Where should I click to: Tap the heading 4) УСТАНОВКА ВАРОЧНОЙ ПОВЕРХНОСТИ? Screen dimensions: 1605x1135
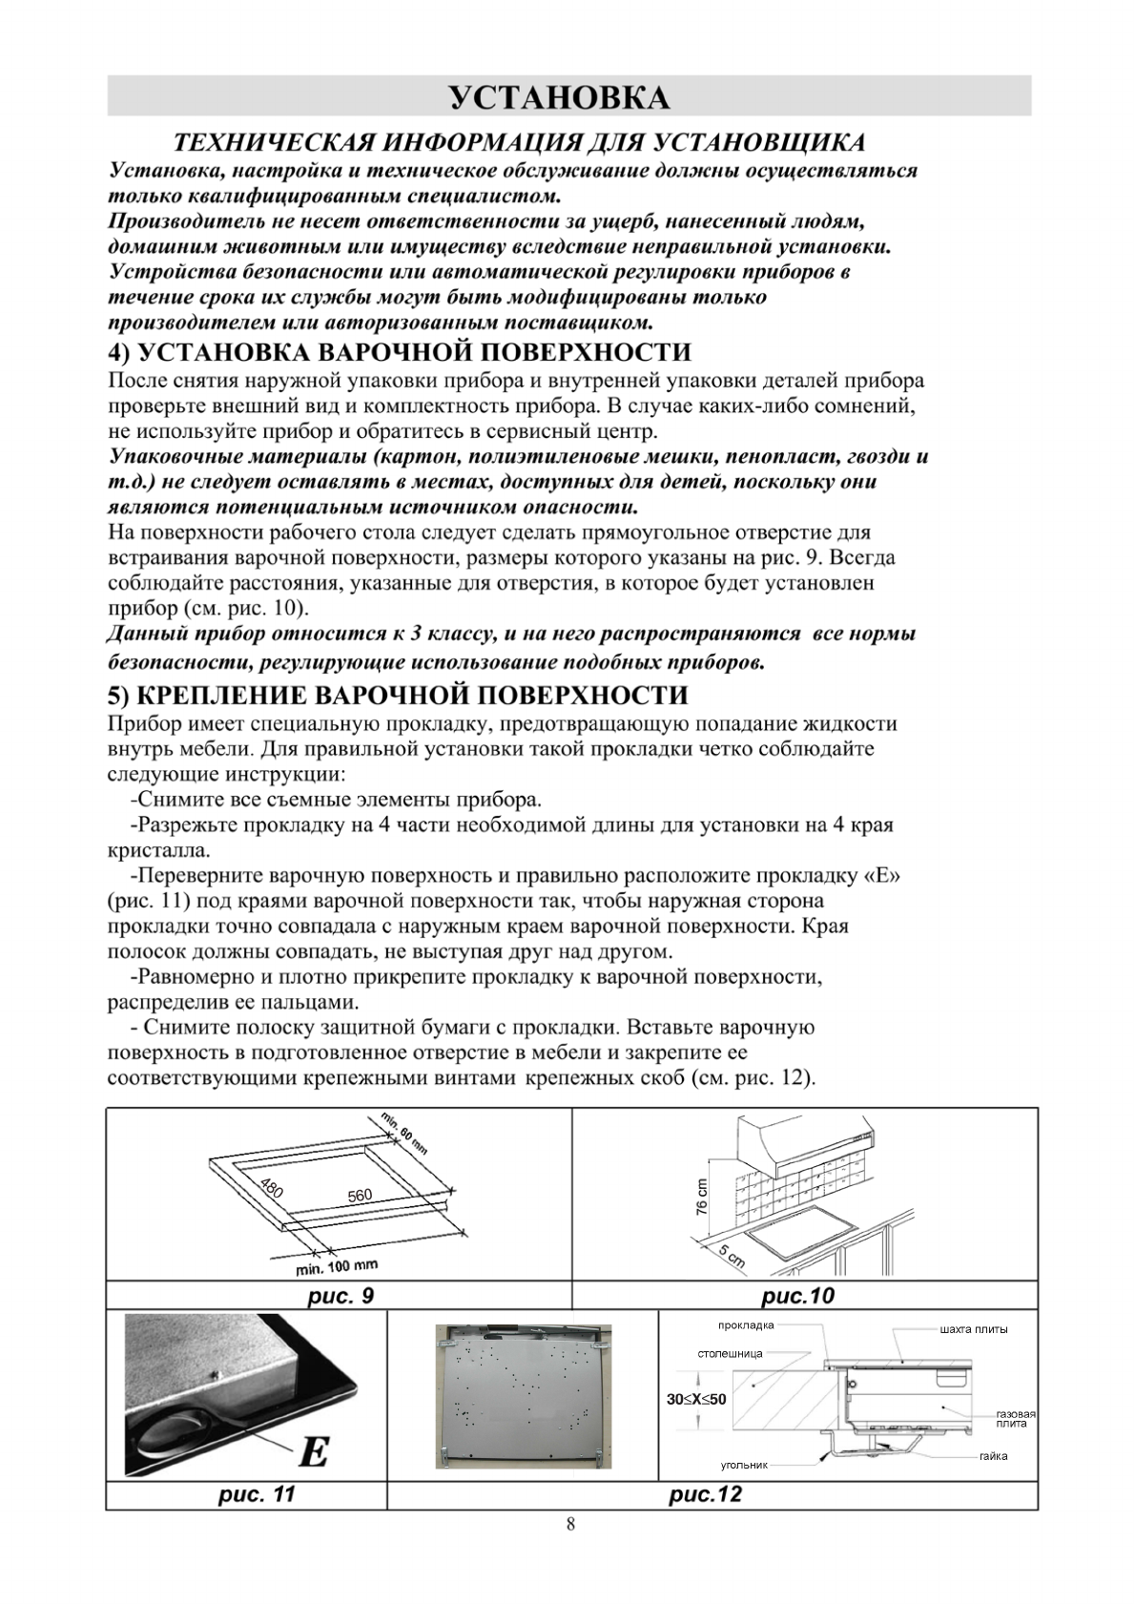(400, 352)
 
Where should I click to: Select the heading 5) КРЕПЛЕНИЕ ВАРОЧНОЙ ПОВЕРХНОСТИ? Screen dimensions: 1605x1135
(398, 694)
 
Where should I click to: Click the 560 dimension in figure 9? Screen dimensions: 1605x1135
(360, 1196)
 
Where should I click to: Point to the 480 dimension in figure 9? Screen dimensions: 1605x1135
(272, 1189)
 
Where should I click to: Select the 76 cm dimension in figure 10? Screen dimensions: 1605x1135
(702, 1196)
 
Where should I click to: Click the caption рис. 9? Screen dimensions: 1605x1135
(340, 1296)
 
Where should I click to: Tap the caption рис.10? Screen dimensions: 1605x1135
(798, 1296)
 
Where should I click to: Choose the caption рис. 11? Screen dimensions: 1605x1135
(257, 1494)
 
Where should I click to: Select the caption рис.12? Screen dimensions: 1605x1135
(705, 1494)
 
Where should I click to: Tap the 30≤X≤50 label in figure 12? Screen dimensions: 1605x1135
(696, 1399)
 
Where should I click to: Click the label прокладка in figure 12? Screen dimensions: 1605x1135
(746, 1325)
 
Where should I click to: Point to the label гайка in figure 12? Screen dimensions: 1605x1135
(993, 1456)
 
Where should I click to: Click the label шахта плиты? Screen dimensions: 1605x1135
(973, 1329)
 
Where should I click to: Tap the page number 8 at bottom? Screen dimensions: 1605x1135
(570, 1524)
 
